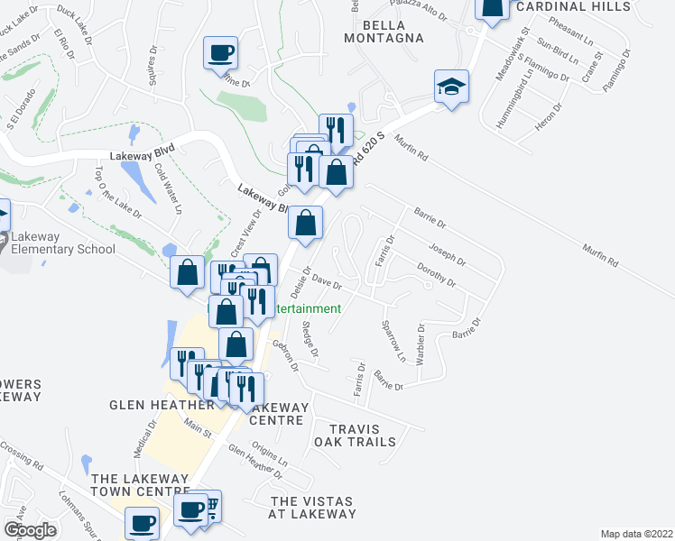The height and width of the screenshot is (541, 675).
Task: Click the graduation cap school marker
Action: pos(451,87)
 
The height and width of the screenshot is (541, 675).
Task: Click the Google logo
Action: pos(30,531)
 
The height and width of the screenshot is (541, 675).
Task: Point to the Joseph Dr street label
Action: pos(447,255)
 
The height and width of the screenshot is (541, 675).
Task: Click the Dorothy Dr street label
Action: pos(437,274)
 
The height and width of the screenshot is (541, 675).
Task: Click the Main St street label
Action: pos(198,426)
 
